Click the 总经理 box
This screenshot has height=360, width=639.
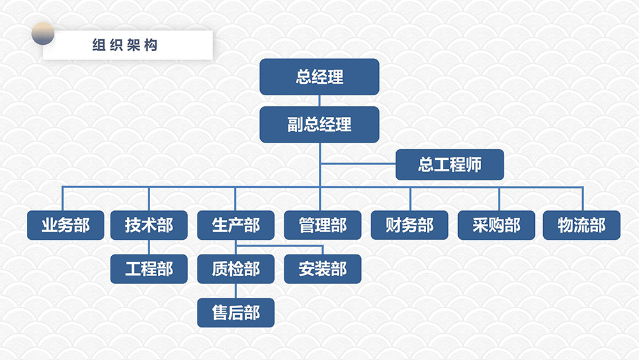[319, 77]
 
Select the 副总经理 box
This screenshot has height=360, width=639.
[319, 124]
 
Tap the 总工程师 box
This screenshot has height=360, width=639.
[450, 164]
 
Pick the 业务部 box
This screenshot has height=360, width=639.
[66, 225]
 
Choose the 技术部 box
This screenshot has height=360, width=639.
[149, 225]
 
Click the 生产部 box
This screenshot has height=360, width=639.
[236, 225]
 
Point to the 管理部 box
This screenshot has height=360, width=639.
[323, 225]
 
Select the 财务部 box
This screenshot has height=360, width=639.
[410, 225]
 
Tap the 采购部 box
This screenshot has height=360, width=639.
[497, 225]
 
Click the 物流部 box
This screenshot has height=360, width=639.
[581, 225]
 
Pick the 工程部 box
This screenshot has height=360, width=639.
[149, 269]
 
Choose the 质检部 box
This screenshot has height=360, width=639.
[236, 269]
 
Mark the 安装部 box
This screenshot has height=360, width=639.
[323, 269]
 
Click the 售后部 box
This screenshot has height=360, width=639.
[236, 313]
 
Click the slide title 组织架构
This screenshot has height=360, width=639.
[125, 45]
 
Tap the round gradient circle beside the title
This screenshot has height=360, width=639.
[43, 33]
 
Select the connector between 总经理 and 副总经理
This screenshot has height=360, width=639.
[319, 100]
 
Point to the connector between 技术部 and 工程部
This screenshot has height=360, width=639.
[149, 247]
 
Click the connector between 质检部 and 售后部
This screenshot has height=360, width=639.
[236, 291]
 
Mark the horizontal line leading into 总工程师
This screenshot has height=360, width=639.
[358, 164]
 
